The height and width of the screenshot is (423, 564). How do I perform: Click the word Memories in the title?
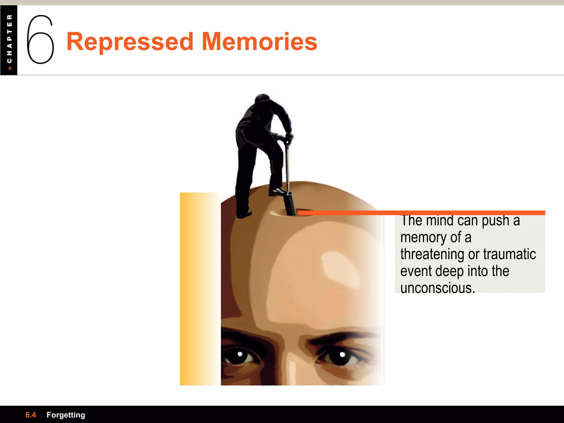259,42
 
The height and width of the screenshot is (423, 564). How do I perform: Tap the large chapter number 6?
40,39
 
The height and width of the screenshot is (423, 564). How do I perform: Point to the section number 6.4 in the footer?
31,415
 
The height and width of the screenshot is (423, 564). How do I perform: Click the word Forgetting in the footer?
66,415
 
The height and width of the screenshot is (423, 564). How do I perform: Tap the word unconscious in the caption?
437,288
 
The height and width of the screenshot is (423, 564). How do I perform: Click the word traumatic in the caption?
509,254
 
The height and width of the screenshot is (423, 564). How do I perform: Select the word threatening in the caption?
432,254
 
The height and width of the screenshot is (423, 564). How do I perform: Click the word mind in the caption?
440,220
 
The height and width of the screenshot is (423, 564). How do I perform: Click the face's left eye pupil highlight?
240,354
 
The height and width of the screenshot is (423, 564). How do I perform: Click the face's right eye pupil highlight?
342,354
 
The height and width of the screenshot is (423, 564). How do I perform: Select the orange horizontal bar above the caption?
421,213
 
